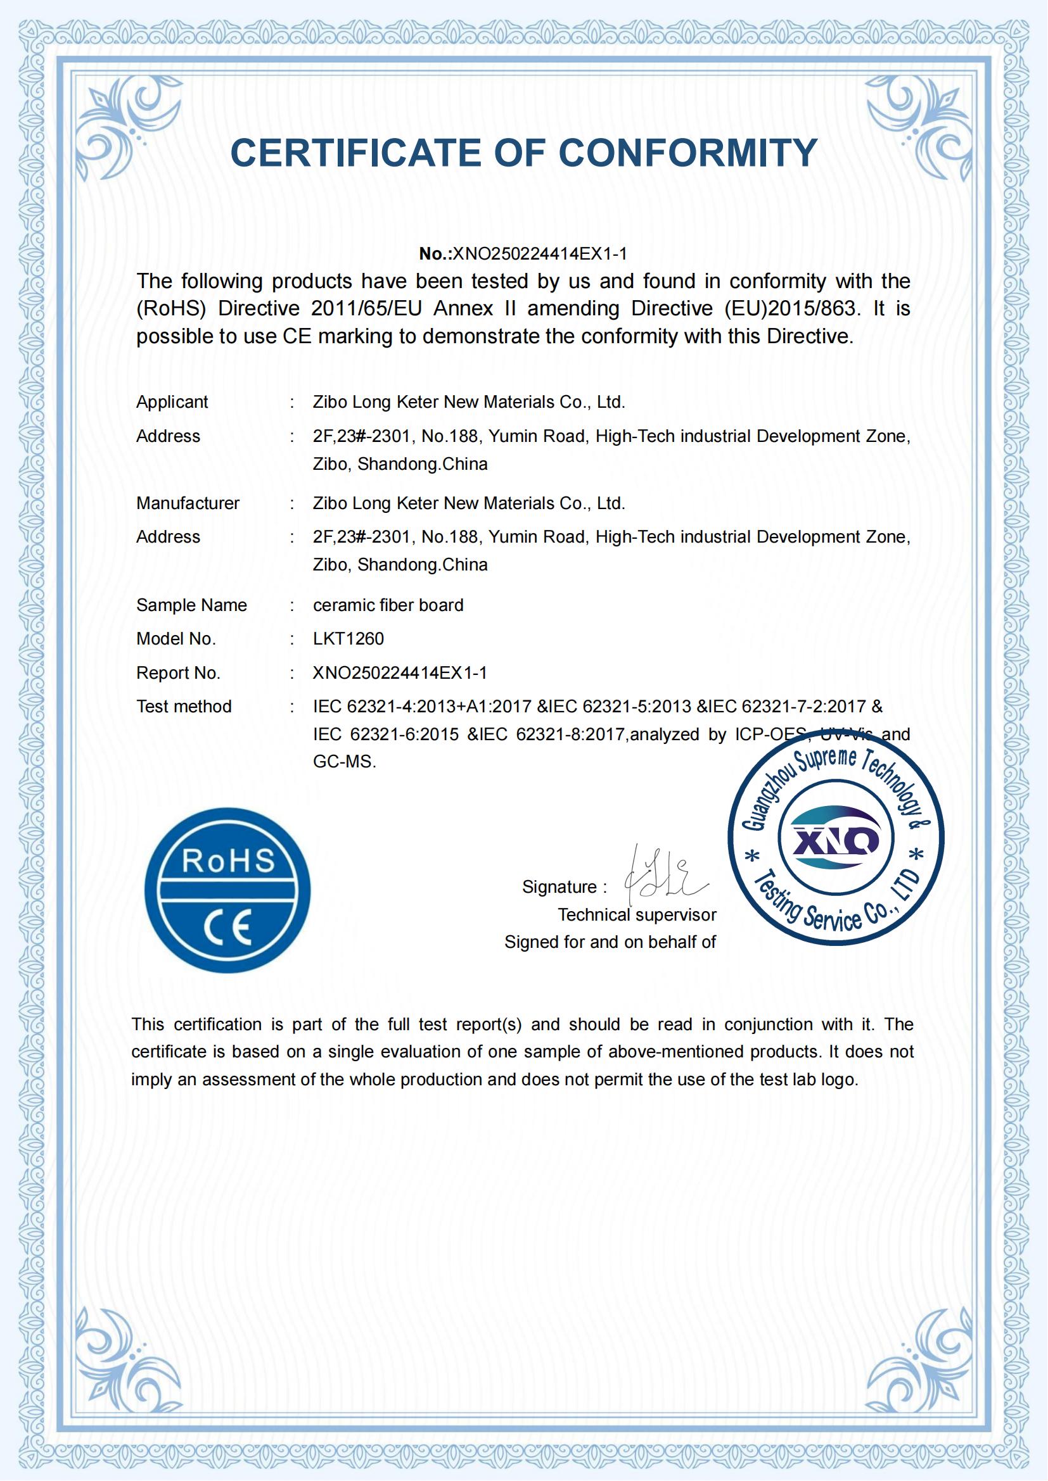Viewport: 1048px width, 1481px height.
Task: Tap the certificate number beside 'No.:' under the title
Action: point(539,253)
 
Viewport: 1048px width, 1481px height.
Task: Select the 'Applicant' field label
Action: point(172,402)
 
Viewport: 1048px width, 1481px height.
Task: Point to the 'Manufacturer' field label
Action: point(188,503)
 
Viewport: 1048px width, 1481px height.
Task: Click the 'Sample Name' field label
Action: point(191,605)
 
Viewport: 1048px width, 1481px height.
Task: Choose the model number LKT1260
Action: point(348,639)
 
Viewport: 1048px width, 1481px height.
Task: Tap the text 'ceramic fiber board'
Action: point(388,605)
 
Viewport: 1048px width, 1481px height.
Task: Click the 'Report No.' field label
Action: point(178,673)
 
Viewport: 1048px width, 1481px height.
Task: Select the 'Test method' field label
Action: point(184,707)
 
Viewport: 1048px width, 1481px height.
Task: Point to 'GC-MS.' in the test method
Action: point(344,762)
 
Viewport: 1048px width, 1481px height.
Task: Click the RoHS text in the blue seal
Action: point(228,860)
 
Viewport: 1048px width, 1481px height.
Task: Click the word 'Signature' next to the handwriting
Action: point(559,887)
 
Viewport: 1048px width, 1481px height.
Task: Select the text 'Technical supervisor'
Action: point(637,915)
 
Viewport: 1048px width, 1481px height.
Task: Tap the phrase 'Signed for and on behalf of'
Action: point(610,942)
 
